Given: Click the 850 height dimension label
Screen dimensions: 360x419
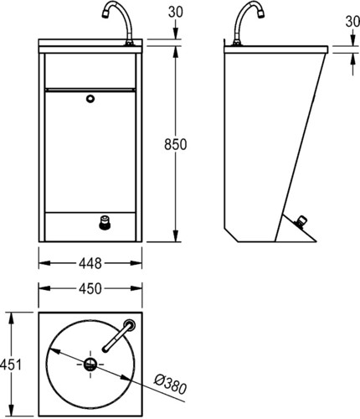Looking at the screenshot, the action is coord(175,144).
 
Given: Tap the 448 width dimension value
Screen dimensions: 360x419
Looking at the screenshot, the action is coord(90,263).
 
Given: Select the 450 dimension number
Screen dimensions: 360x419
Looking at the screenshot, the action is coord(90,289).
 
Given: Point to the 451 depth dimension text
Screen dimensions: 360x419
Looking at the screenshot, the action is coord(11,365).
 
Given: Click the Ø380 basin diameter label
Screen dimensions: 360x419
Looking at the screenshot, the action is coord(171,384).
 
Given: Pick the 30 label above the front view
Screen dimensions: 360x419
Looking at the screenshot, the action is coord(176,12).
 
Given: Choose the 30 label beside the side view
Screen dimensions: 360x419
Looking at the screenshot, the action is coord(352,22).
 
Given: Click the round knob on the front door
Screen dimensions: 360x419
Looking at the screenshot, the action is coord(90,99).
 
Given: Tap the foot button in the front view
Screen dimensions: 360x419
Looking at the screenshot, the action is coord(104,221).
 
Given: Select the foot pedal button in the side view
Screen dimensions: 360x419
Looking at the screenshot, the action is coord(302,221).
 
